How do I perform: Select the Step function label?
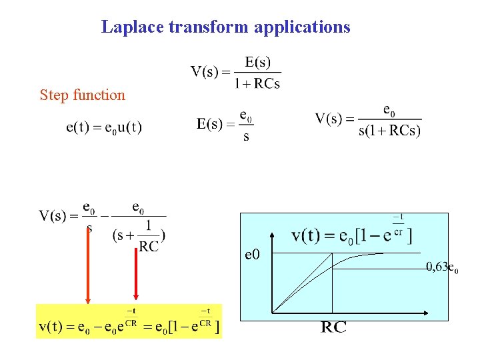[x=83, y=95]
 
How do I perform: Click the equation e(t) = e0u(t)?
[x=104, y=126]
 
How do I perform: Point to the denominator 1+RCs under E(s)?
[x=257, y=84]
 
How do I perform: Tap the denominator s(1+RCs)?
[x=389, y=131]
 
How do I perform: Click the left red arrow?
[x=87, y=263]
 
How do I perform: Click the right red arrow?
[x=136, y=263]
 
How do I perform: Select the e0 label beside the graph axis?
[x=254, y=254]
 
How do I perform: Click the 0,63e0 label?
[x=442, y=268]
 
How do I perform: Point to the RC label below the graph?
[x=333, y=327]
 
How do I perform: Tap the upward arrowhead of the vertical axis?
[x=273, y=235]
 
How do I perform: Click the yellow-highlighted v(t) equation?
[x=129, y=322]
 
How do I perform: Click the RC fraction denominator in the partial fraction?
[x=149, y=247]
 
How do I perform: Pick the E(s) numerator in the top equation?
[x=258, y=63]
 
